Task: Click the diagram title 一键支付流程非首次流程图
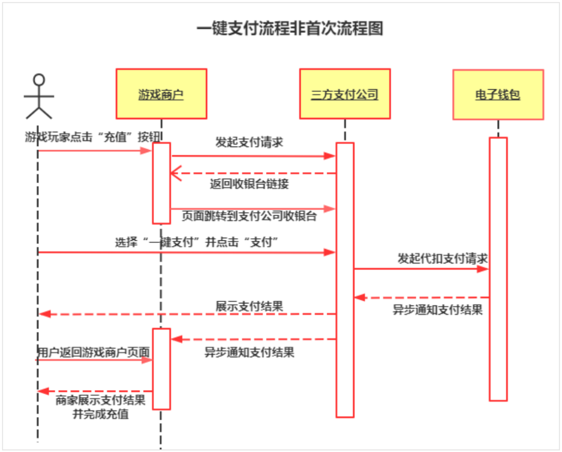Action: pos(290,28)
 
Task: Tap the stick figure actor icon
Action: pos(39,96)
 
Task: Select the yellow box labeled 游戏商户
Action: pos(161,94)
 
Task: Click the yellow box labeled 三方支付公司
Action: pos(344,94)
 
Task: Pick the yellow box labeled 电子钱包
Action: pos(498,95)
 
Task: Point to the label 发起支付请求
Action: pos(250,142)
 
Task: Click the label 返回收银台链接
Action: pos(250,184)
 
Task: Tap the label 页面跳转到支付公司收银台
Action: pos(249,216)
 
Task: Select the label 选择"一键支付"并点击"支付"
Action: pos(198,242)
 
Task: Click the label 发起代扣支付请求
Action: pos(442,258)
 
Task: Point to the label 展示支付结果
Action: pos(250,306)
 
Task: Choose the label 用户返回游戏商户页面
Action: pos(94,352)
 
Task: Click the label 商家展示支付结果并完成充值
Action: pos(100,407)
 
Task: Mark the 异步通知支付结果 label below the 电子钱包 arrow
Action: pos(438,310)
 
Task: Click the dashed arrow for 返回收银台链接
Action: pos(253,173)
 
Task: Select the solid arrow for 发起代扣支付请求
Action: pos(421,269)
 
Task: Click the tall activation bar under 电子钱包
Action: pos(498,269)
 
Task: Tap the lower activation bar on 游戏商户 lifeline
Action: pos(161,369)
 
